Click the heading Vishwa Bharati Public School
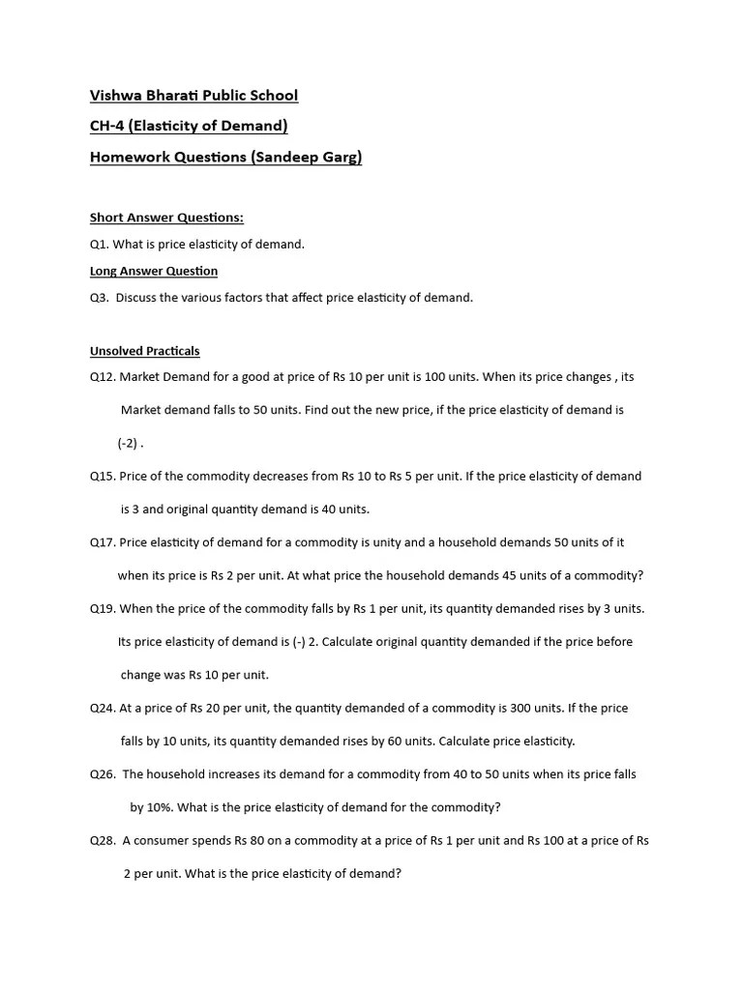click(x=193, y=95)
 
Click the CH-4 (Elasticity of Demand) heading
click(x=189, y=126)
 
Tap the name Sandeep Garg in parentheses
click(x=306, y=157)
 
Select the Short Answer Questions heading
click(x=166, y=218)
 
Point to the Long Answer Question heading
click(x=154, y=271)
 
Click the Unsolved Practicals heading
click(x=144, y=350)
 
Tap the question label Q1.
click(x=100, y=244)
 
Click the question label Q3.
click(x=100, y=297)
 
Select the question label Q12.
click(x=103, y=377)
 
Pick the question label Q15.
click(x=103, y=476)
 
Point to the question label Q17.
click(x=103, y=542)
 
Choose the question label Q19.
click(x=103, y=608)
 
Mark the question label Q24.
click(x=103, y=708)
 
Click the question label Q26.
click(x=103, y=774)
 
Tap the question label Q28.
click(x=103, y=840)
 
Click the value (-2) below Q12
click(x=129, y=444)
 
